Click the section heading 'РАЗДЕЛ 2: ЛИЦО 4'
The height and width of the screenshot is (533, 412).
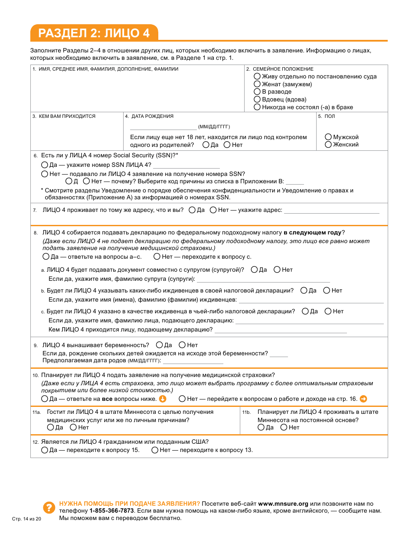(94, 33)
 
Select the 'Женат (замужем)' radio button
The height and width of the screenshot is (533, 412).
(257, 84)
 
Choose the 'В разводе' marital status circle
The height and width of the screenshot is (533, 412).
(257, 92)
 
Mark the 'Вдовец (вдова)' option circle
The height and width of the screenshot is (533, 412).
(257, 99)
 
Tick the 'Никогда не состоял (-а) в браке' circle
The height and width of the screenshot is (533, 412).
(257, 107)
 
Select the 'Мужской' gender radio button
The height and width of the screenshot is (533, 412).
(328, 137)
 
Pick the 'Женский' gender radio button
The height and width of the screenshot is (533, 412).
(328, 145)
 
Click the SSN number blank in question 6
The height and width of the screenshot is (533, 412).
(186, 166)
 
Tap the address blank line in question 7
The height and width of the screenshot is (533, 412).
(331, 212)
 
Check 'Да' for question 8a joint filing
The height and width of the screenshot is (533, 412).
(254, 270)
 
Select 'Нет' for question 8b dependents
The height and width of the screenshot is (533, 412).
(327, 290)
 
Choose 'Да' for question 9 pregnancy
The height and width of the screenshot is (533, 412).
(159, 345)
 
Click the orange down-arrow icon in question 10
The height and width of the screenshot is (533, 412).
(163, 399)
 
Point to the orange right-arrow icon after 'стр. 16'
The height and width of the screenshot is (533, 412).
(363, 399)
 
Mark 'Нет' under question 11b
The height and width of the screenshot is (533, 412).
(284, 427)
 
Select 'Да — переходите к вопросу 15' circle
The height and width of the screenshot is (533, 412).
(45, 450)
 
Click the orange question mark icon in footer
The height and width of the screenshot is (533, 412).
(49, 507)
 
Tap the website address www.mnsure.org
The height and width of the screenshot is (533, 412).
(283, 504)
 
